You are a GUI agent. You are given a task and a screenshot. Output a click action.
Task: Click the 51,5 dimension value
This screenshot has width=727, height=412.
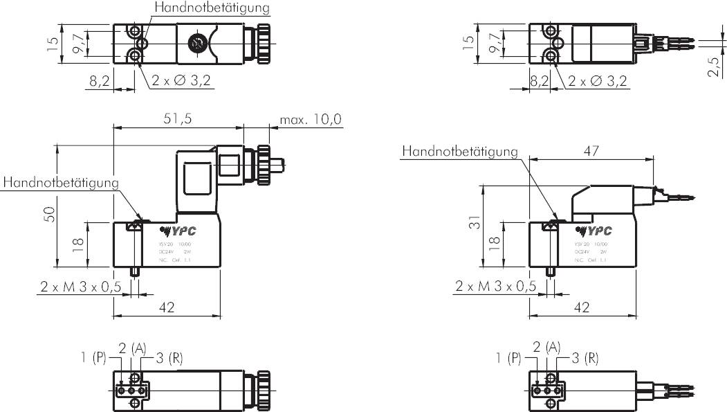click(178, 118)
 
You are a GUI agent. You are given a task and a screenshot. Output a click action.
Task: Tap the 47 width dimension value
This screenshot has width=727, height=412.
click(591, 150)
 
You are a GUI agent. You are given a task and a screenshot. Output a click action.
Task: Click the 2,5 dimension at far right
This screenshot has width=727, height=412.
click(715, 68)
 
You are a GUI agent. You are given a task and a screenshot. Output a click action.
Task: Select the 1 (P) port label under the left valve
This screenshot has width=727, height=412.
click(92, 358)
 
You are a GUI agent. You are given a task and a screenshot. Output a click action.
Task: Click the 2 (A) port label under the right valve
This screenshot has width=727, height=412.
click(546, 346)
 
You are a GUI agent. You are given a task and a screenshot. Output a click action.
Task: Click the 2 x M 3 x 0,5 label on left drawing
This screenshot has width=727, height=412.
click(80, 286)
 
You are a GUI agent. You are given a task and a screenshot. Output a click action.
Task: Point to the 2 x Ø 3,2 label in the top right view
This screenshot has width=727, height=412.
click(598, 81)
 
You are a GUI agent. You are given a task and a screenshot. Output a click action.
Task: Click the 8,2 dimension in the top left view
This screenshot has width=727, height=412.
click(100, 81)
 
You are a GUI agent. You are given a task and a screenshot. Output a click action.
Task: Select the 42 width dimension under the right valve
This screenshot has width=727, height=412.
click(582, 307)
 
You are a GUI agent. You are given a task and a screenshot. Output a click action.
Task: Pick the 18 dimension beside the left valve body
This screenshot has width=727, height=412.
click(78, 244)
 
